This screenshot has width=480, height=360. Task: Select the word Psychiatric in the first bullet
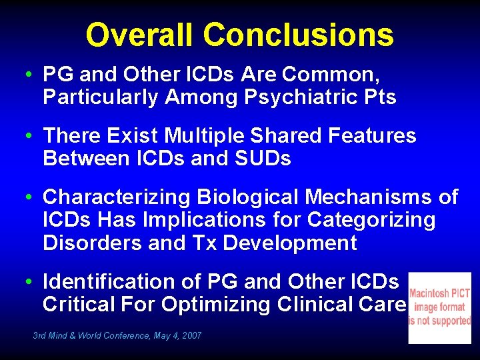(x=301, y=98)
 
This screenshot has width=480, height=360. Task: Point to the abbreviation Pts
(x=379, y=98)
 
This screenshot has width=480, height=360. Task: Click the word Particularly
(x=101, y=98)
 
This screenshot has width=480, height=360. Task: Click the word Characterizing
(x=116, y=197)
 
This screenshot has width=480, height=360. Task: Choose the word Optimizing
(x=223, y=305)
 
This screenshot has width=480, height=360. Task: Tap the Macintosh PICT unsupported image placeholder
(x=439, y=307)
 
